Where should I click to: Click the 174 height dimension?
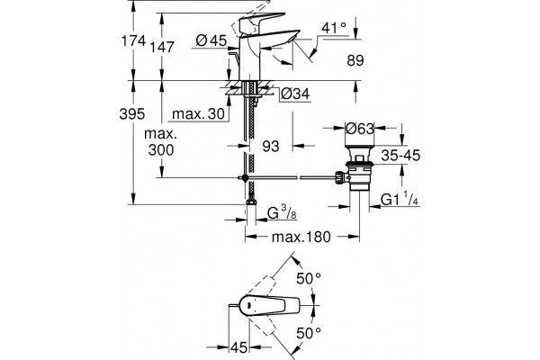coord(133,41)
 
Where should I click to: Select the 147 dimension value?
coord(162,47)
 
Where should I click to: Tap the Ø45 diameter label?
coord(211,40)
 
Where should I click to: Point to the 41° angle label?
coord(333,28)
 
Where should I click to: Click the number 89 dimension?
coord(355,60)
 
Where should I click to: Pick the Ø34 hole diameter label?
coord(295,94)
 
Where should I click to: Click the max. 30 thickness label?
coord(198,113)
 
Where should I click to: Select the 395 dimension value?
coord(132,113)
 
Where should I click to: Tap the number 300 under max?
coord(161,150)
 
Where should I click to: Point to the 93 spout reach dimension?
coord(271,147)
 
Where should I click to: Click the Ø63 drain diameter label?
coord(359,129)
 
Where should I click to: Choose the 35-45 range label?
coord(400,156)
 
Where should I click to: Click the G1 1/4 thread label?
coord(400,200)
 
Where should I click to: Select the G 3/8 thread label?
coord(282,213)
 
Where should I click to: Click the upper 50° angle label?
coord(309,278)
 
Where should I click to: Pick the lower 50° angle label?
coord(309,333)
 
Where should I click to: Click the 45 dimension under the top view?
coord(239,347)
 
